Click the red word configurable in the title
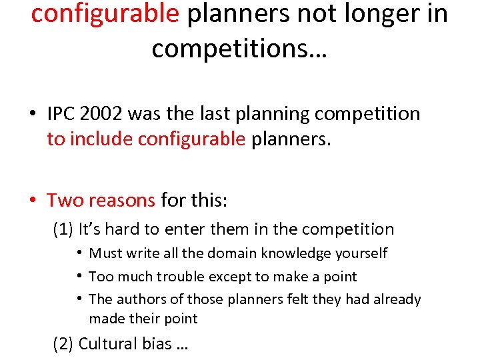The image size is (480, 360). tap(105, 15)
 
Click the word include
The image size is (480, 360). tap(102, 139)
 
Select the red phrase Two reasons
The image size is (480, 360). tap(101, 199)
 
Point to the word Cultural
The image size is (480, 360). tap(107, 343)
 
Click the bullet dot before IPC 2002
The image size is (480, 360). tap(32, 115)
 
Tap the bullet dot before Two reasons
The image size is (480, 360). tap(32, 200)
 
